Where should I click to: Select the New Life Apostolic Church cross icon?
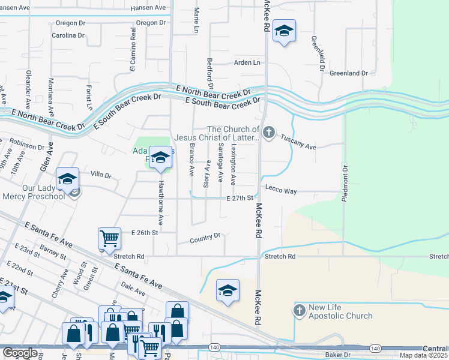tap(298, 310)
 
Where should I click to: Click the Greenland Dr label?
tap(348, 73)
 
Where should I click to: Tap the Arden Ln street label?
tap(247, 62)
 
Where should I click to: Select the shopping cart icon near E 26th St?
tap(109, 238)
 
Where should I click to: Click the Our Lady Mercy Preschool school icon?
tap(68, 178)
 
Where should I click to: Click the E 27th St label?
tap(238, 199)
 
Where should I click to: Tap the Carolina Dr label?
tap(67, 35)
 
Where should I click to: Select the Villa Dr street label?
tap(101, 175)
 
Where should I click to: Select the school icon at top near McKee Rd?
tap(283, 31)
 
